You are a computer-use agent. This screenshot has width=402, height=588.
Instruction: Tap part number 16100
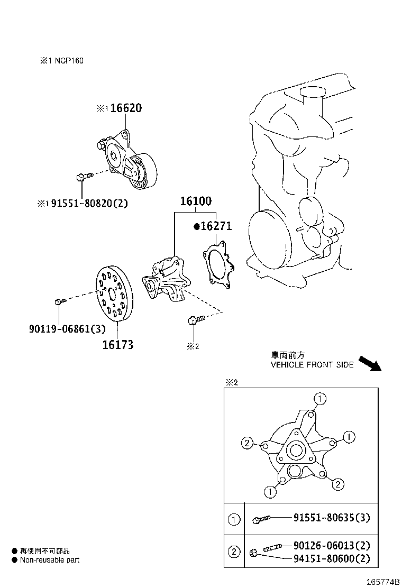[x=195, y=201]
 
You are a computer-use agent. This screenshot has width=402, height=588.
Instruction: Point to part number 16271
[x=216, y=226]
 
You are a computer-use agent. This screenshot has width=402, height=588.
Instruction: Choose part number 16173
[x=117, y=345]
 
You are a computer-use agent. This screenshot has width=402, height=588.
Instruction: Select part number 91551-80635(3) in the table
[x=332, y=518]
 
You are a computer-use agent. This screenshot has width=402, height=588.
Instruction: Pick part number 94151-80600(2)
[x=332, y=558]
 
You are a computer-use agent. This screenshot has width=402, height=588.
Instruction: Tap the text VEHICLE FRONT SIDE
[x=312, y=365]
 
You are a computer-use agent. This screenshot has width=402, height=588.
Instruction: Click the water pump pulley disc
[x=115, y=293]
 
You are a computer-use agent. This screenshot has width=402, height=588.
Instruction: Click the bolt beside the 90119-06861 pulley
[x=60, y=301]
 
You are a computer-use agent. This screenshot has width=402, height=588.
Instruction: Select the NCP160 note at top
[x=61, y=61]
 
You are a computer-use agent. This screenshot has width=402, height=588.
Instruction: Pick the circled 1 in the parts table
[x=234, y=519]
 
